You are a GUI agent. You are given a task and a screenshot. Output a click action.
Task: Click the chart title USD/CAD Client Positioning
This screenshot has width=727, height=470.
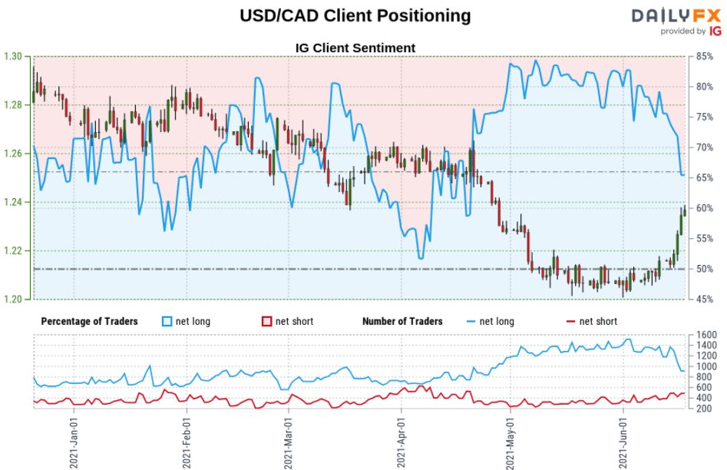355,15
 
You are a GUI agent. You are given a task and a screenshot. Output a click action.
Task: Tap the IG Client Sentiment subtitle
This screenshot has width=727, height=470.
355,48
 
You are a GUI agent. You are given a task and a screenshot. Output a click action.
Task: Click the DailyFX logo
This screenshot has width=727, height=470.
676,21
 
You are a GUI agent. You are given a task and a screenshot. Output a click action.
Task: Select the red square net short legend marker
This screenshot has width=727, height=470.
267,321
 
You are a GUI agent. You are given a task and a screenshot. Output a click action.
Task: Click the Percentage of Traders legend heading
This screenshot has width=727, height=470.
89,321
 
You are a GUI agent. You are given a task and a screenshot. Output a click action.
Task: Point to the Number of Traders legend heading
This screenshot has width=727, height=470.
402,321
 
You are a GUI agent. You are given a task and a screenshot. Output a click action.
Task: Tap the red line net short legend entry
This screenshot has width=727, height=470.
591,321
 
